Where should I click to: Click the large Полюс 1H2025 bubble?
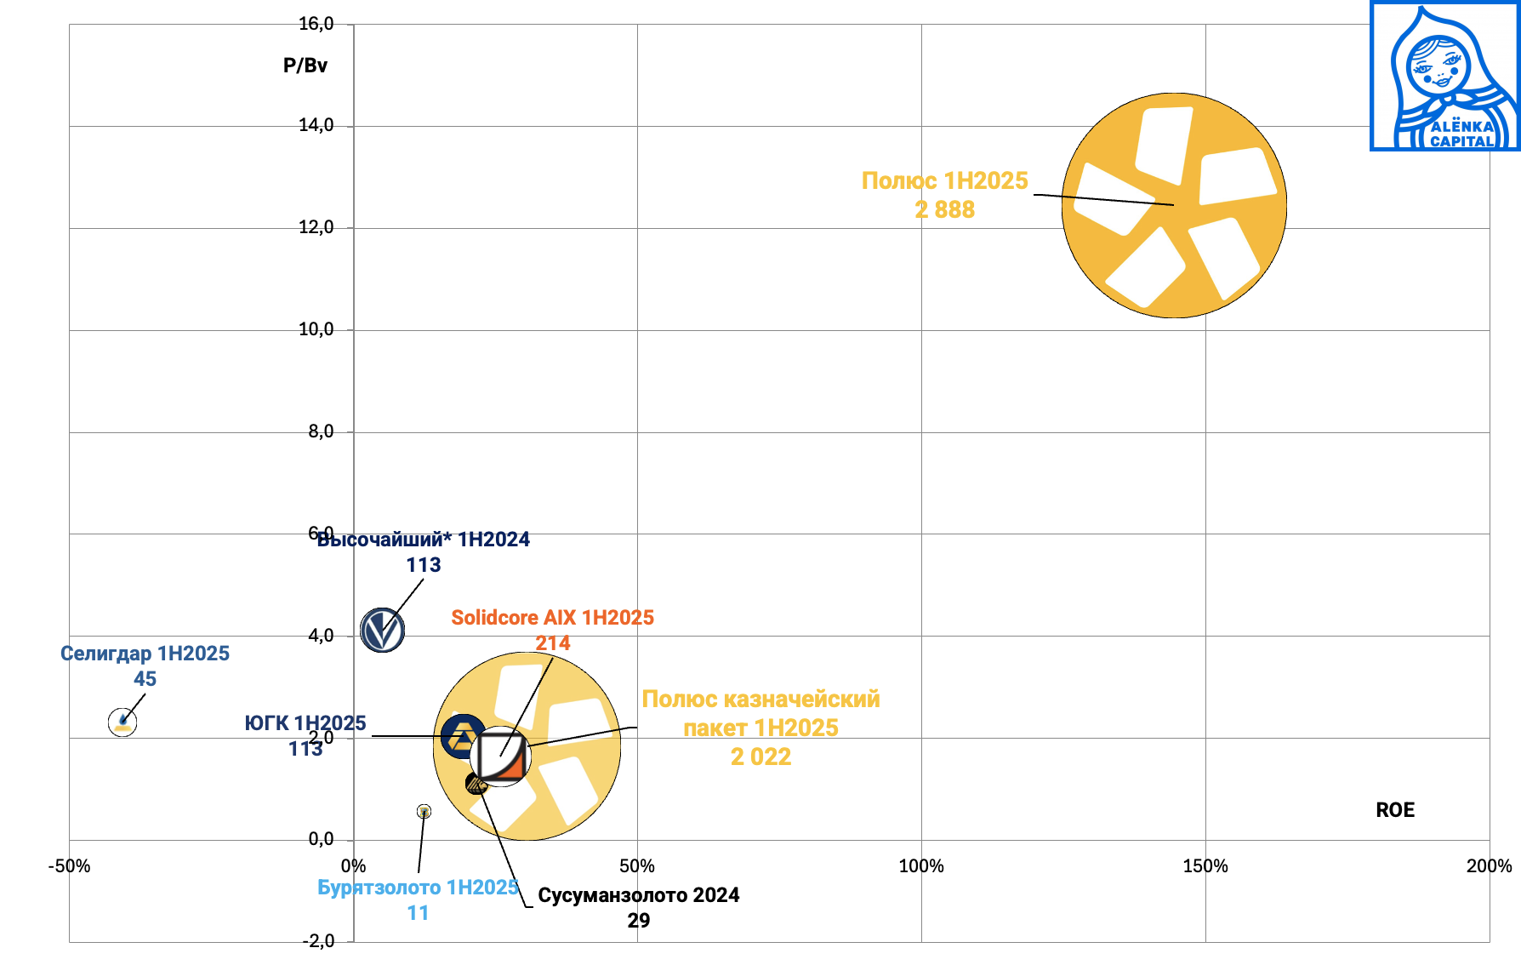[x=1174, y=205]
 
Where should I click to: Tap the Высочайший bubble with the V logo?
[x=382, y=631]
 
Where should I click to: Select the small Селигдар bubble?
[x=122, y=722]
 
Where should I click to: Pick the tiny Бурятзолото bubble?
[x=424, y=812]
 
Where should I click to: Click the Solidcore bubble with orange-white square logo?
[x=502, y=756]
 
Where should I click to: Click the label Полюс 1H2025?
[x=944, y=181]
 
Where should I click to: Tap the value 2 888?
[x=944, y=210]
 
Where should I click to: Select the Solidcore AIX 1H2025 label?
[x=552, y=618]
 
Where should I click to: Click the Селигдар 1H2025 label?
[x=145, y=654]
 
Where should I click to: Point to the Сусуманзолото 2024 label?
[x=638, y=895]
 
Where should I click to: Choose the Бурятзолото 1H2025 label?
[x=418, y=888]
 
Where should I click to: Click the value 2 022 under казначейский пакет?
[x=760, y=757]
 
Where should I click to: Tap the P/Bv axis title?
[x=305, y=66]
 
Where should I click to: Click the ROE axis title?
[x=1395, y=810]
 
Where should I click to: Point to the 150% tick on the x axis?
[x=1205, y=866]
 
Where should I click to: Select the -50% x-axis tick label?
[x=69, y=866]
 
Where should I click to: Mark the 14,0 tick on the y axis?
[x=316, y=126]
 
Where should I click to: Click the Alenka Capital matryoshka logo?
[x=1445, y=77]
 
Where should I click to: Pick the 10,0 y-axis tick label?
[x=316, y=329]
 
